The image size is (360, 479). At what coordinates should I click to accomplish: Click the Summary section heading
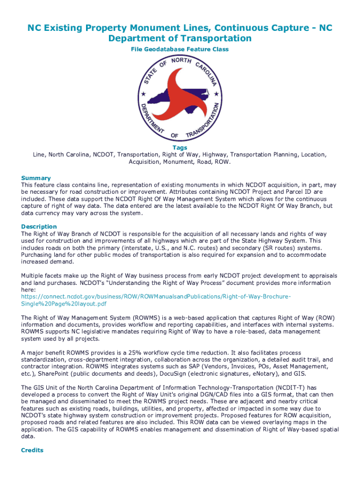(36, 178)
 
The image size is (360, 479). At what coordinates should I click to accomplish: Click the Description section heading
(39, 226)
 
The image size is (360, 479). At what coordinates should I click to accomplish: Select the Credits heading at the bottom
(32, 450)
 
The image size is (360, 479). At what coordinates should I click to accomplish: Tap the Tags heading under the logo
(180, 147)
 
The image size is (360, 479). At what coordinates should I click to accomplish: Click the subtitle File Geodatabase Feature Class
(180, 49)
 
